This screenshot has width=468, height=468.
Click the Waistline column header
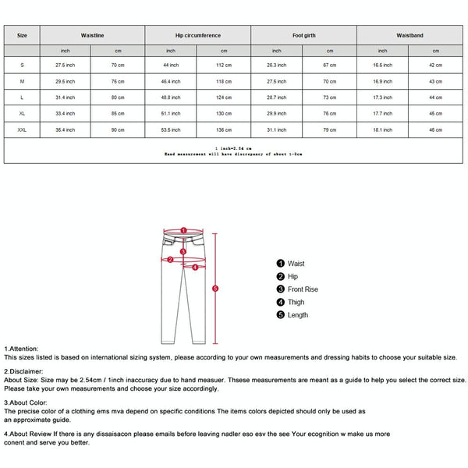pyautogui.click(x=92, y=35)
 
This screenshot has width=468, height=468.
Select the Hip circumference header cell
pyautogui.click(x=197, y=35)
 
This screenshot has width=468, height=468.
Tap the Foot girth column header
pyautogui.click(x=303, y=35)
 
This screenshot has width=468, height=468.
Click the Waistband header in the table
pyautogui.click(x=409, y=35)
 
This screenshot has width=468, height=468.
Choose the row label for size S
pyautogui.click(x=22, y=65)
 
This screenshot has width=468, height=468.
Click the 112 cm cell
pyautogui.click(x=224, y=65)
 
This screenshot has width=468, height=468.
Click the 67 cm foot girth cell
pyautogui.click(x=330, y=65)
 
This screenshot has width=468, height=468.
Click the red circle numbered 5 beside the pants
pyautogui.click(x=215, y=289)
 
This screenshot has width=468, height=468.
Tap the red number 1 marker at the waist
pyautogui.click(x=183, y=231)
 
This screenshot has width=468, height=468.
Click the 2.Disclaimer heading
pyautogui.click(x=24, y=372)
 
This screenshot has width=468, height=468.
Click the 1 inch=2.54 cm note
pyautogui.click(x=233, y=148)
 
